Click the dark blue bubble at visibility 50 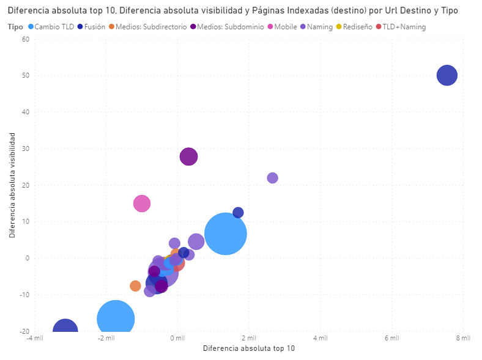point(447,75)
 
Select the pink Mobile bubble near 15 point(142,203)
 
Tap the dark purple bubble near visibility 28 point(189,156)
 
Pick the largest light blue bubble point(226,233)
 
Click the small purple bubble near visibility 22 point(272,178)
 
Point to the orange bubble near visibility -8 point(135,285)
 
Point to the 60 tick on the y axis point(25,39)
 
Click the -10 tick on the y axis point(24,295)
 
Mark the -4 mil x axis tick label point(35,338)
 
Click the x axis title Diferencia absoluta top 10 point(248,348)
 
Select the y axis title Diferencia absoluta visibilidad point(12,185)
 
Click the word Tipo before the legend point(16,27)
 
